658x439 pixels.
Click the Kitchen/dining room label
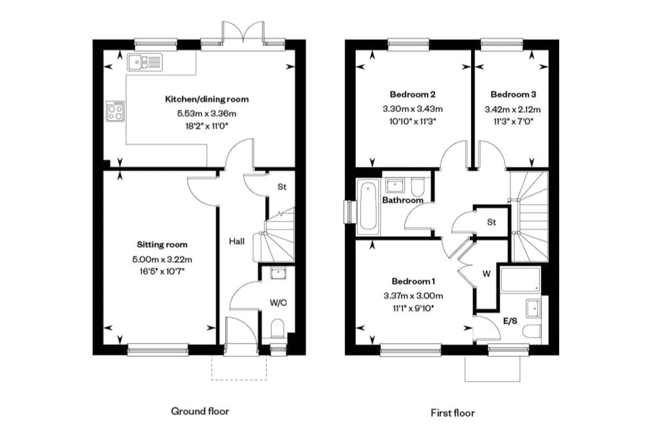[x=206, y=99]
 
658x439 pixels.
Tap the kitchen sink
[x=143, y=63]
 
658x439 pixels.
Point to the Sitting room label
[x=162, y=244]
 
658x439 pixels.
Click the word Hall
[x=237, y=241]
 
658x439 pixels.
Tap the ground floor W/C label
[x=278, y=302]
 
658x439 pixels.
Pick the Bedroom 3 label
[x=511, y=94]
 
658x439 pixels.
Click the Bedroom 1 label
[x=413, y=281]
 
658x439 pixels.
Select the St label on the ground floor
[x=282, y=187]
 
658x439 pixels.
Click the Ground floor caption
[x=200, y=411]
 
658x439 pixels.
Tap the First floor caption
[x=452, y=413]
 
